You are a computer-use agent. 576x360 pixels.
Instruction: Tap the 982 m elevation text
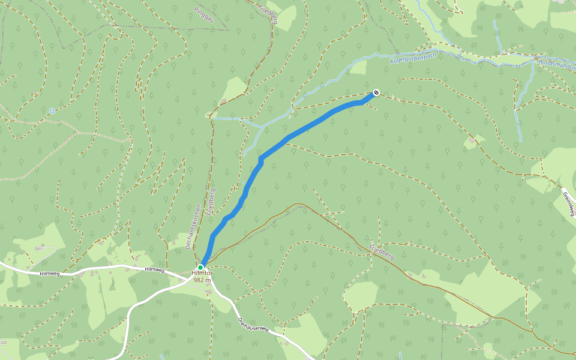[203, 280]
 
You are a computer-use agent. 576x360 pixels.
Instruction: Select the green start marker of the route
[200, 268]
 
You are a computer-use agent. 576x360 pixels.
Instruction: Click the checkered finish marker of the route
[376, 92]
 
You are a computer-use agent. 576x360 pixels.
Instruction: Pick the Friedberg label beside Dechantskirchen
[211, 202]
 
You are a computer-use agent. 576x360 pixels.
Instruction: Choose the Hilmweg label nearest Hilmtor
[155, 270]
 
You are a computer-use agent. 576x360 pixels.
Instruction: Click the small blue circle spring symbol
[52, 111]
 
